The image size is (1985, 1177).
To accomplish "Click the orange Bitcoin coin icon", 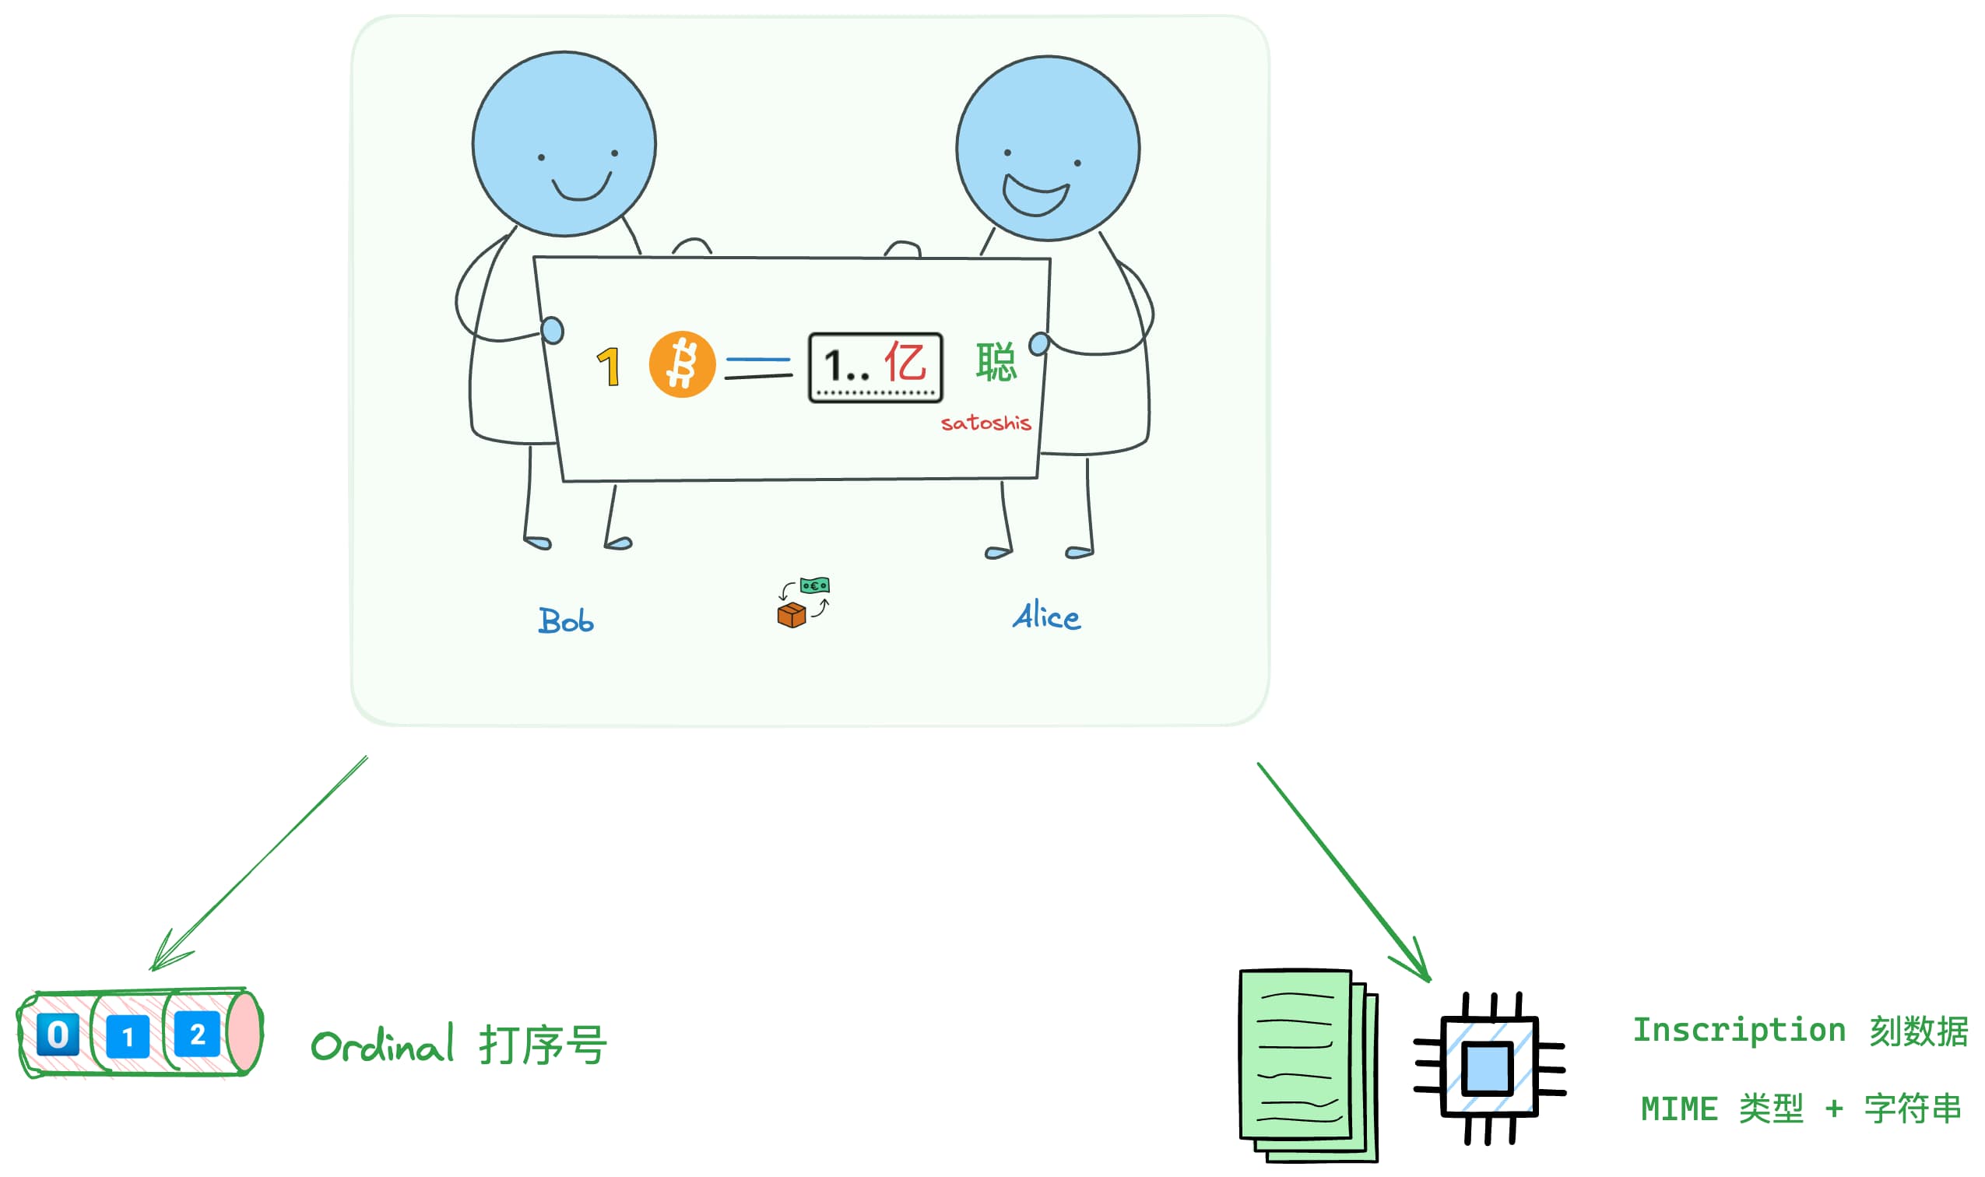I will [x=682, y=365].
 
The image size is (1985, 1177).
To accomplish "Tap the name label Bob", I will [x=565, y=621].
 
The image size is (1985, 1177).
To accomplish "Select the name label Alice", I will [x=1046, y=617].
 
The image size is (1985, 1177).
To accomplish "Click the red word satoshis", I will [x=985, y=423].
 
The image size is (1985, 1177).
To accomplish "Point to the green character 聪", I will [x=996, y=363].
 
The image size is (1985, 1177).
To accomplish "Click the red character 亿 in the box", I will [x=904, y=363].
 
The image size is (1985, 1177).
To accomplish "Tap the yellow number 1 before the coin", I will [x=608, y=367].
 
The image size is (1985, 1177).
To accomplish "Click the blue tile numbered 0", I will [x=58, y=1035].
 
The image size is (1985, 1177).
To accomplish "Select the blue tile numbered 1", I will [x=128, y=1037].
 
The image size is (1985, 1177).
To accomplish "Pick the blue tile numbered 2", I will [x=197, y=1035].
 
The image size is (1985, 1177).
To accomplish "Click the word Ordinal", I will [x=382, y=1045].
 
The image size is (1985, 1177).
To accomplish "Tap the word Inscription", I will [x=1739, y=1031].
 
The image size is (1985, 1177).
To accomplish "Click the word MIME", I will [x=1680, y=1108].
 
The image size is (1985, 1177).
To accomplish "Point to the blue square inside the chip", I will [x=1487, y=1068].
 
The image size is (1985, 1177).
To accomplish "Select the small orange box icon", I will [x=791, y=615].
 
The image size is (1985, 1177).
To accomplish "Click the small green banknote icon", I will [x=814, y=586].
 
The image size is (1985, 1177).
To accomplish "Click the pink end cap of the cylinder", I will [x=245, y=1034].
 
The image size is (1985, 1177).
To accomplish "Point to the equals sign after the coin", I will [x=758, y=368].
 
